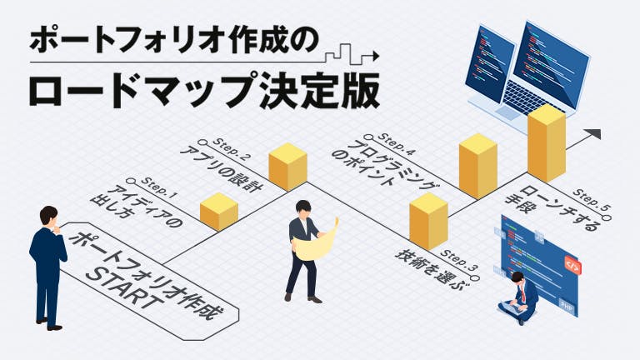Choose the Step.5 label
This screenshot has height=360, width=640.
point(592,203)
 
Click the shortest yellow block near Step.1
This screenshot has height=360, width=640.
point(219,212)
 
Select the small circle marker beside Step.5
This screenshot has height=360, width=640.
point(607,218)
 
